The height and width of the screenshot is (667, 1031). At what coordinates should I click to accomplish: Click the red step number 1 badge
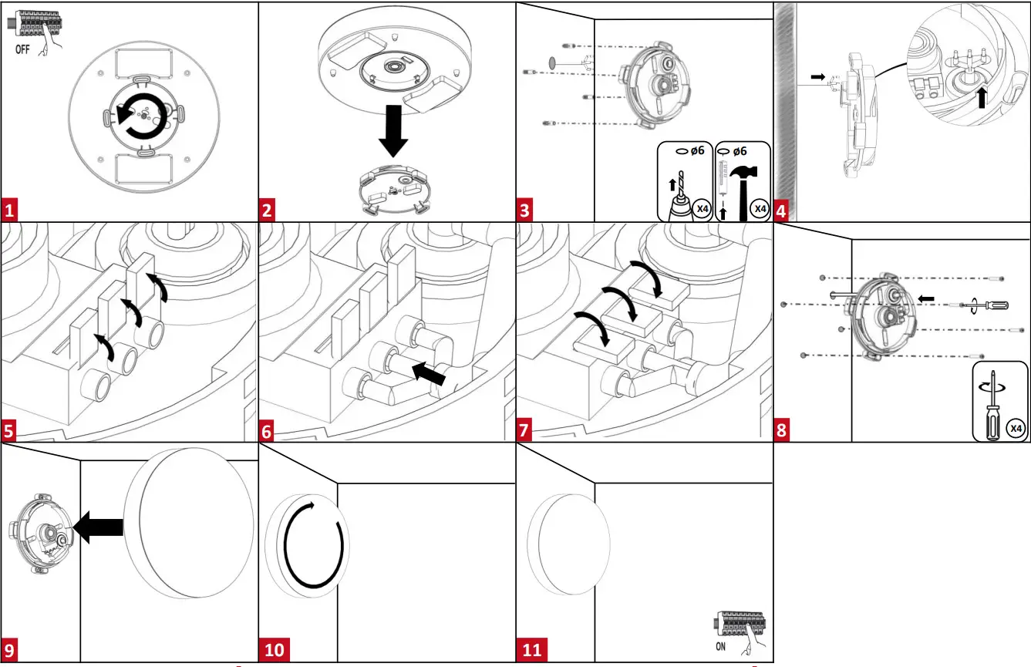10,210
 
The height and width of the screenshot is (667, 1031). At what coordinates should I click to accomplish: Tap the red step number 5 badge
10,429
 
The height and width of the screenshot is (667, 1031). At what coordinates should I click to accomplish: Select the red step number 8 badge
782,429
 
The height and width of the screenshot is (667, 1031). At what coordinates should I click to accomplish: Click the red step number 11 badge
532,649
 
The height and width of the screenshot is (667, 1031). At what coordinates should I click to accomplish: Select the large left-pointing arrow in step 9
99,526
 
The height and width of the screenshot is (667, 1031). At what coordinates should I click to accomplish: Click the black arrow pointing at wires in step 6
430,376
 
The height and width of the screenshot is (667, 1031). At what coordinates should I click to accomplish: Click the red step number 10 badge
275,649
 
